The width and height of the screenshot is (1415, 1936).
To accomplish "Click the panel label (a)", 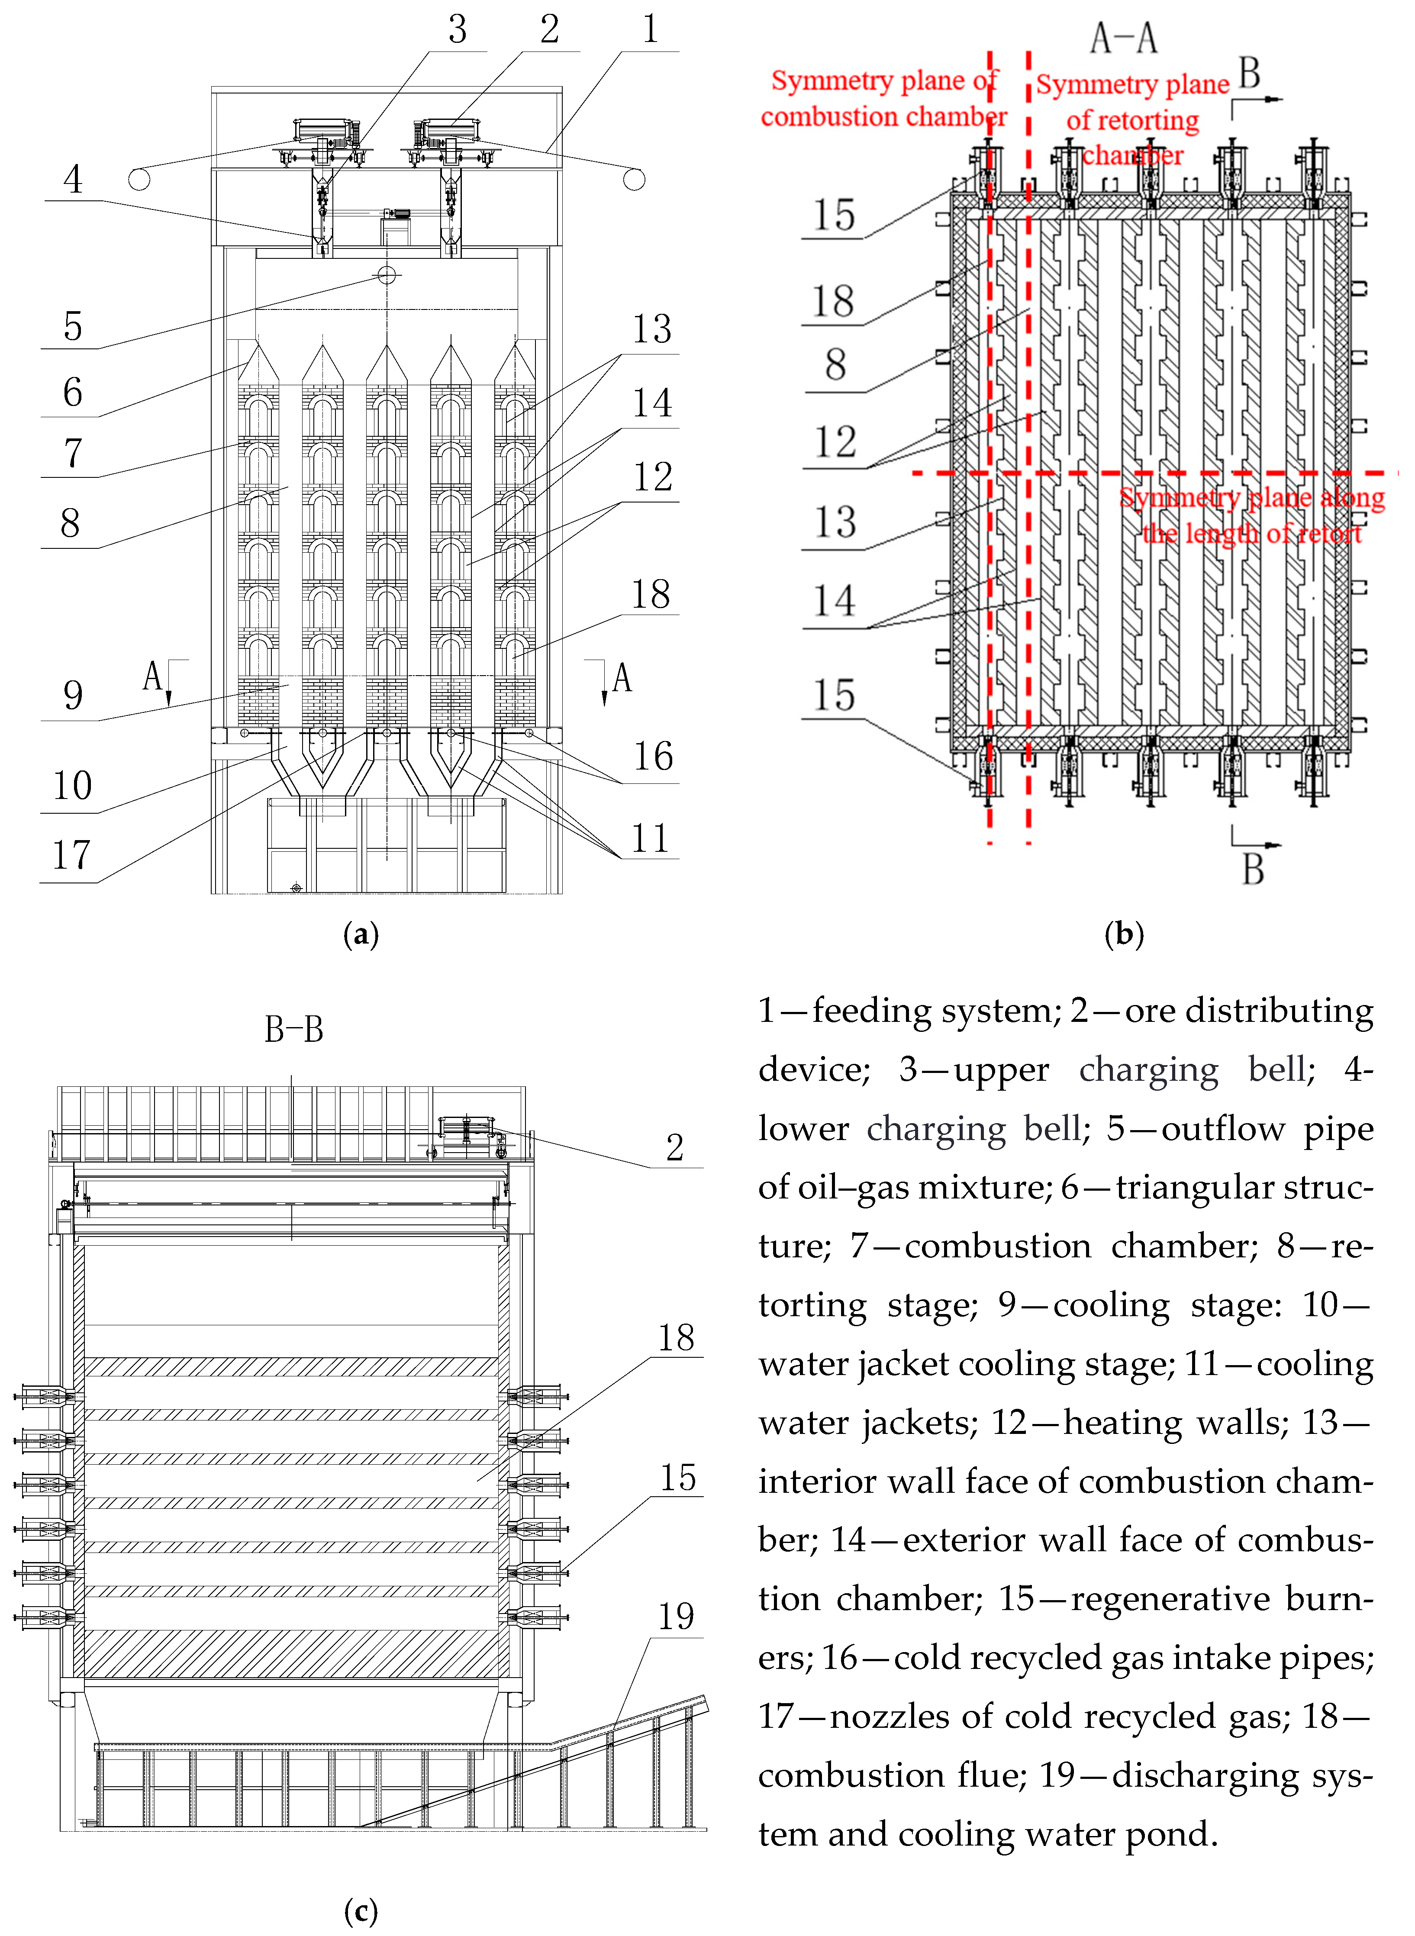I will (x=361, y=933).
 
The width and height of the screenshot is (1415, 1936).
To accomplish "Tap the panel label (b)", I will (x=1124, y=933).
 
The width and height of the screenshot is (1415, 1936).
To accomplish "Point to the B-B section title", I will (x=294, y=1029).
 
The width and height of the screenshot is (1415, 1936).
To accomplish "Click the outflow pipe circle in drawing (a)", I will (x=387, y=275).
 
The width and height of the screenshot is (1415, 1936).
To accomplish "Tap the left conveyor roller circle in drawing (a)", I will (x=139, y=180).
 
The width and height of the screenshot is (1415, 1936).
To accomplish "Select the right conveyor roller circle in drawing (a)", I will (x=634, y=180).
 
